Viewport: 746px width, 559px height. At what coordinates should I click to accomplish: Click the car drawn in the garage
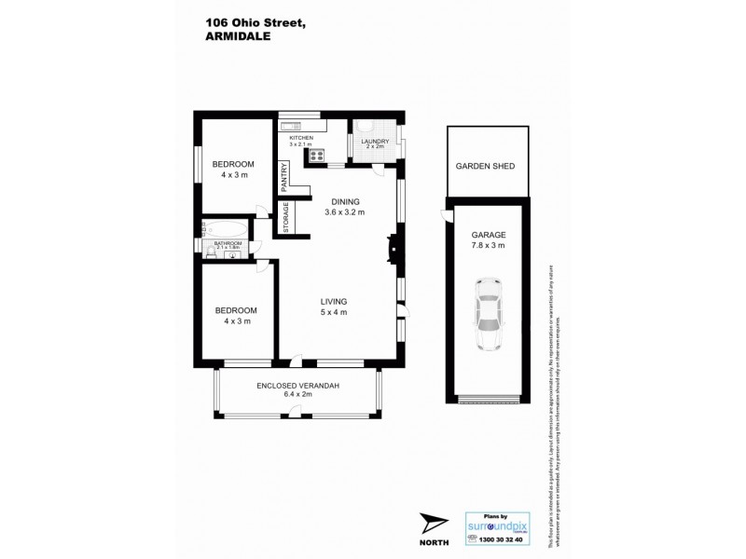487,315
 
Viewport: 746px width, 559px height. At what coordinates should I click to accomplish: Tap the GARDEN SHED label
485,166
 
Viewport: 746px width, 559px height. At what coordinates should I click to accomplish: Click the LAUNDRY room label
375,141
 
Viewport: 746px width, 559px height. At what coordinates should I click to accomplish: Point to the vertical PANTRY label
284,176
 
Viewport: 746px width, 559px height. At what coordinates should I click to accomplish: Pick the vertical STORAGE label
286,217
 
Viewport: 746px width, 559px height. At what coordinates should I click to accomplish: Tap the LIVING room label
334,301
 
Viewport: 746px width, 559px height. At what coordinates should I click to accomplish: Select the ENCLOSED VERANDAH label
297,385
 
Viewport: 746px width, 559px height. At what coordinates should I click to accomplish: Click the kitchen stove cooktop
317,156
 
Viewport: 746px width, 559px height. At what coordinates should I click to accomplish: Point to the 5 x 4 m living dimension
334,312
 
